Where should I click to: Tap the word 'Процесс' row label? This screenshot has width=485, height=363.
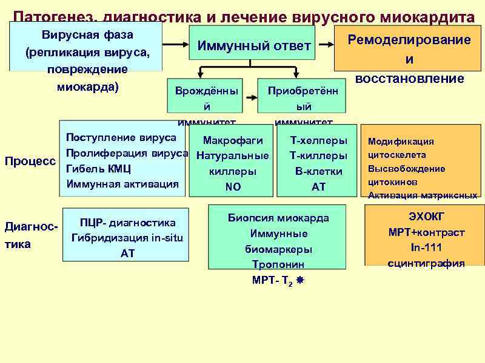(x=30, y=162)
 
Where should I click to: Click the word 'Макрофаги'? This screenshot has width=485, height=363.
(x=233, y=140)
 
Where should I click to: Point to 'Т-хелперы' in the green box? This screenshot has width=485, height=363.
(x=319, y=140)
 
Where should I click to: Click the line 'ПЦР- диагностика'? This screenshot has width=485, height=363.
(x=127, y=223)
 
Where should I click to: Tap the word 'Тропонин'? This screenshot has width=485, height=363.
(x=278, y=264)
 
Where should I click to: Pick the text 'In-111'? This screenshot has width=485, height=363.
(x=426, y=247)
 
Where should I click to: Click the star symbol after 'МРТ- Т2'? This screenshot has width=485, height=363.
(x=300, y=281)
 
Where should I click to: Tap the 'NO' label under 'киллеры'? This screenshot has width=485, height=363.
(x=233, y=187)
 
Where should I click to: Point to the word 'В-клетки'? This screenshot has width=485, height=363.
(x=319, y=171)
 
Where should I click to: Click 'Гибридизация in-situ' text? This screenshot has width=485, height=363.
(x=127, y=238)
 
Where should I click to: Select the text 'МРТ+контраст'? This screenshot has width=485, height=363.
(x=426, y=232)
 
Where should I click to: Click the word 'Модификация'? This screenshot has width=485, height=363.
(x=401, y=142)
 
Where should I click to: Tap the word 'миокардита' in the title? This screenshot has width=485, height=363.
(x=427, y=16)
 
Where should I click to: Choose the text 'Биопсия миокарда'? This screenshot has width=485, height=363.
(x=278, y=218)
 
